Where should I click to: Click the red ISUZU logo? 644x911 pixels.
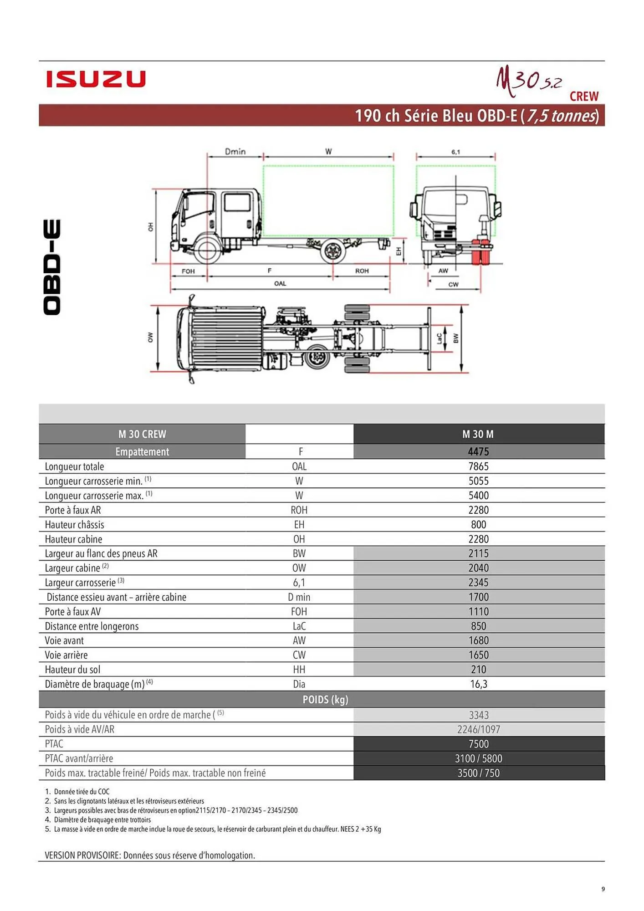(x=96, y=79)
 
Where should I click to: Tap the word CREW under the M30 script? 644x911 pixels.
(x=584, y=97)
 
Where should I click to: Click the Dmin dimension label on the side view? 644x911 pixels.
(x=235, y=151)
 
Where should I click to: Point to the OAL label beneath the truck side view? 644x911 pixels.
(x=280, y=283)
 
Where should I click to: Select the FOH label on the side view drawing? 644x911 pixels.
(x=188, y=271)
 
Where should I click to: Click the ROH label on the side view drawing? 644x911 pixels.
(x=362, y=271)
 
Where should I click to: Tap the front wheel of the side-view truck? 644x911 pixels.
(x=207, y=250)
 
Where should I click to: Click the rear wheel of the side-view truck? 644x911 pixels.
(x=332, y=251)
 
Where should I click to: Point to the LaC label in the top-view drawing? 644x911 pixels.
(x=439, y=338)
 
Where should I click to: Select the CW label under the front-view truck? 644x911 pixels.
(x=453, y=285)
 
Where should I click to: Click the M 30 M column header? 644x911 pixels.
(x=478, y=434)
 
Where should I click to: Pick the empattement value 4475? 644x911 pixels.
(x=478, y=451)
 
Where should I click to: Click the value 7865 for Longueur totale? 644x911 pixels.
(x=478, y=466)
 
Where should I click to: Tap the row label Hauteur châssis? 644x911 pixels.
(x=75, y=525)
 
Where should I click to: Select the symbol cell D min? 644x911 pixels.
(x=299, y=597)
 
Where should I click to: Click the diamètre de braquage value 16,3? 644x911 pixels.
(x=478, y=684)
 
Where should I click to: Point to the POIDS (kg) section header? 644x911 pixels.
(x=325, y=700)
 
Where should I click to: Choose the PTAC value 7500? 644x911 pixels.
(x=478, y=744)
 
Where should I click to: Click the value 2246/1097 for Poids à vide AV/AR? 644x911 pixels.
(x=478, y=729)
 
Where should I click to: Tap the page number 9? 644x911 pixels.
(x=603, y=889)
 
